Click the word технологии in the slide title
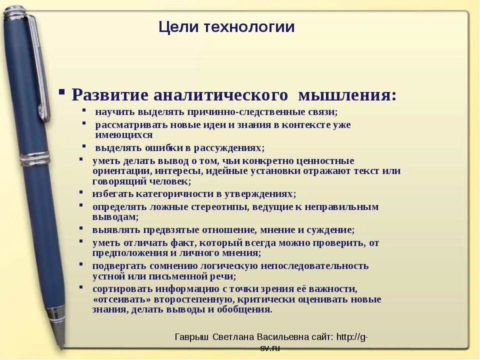pyautogui.click(x=249, y=27)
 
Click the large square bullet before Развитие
pyautogui.click(x=61, y=92)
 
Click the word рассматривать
pyautogui.click(x=128, y=124)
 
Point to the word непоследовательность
pyautogui.click(x=318, y=265)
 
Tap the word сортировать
pyautogui.click(x=121, y=288)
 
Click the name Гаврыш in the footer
pyautogui.click(x=192, y=337)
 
